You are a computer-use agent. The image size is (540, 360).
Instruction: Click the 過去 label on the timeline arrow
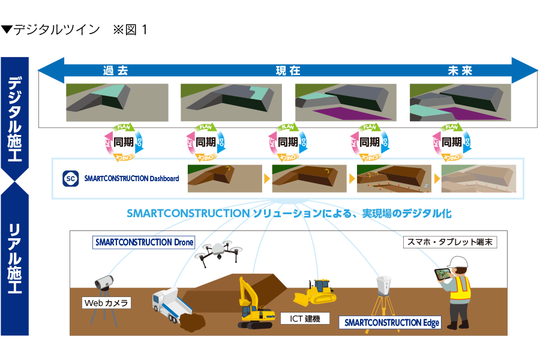115,71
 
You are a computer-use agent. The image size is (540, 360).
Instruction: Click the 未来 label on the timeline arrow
460,71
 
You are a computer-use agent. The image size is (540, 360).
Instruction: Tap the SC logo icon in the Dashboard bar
70,178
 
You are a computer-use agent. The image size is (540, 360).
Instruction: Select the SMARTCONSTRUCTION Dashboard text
131,178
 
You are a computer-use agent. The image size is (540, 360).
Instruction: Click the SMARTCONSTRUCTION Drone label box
144,242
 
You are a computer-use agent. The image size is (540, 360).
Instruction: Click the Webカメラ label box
106,303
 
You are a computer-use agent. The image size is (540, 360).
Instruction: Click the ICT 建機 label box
305,318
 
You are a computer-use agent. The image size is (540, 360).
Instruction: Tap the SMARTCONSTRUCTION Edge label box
390,322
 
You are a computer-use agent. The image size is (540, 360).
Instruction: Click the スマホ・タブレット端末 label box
450,242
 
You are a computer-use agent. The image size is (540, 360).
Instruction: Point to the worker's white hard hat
459,262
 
